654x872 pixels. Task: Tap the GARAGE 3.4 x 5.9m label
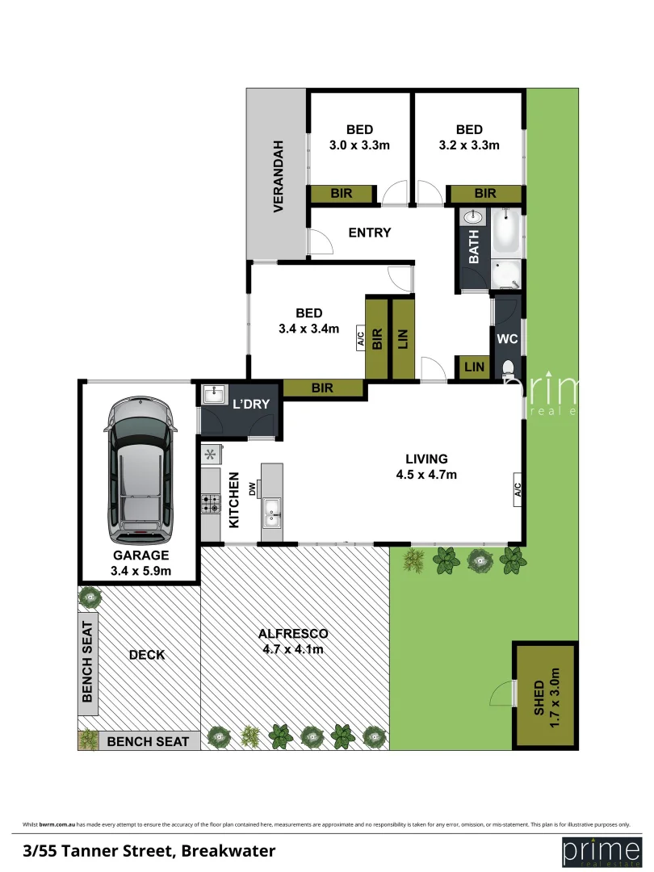[x=140, y=563]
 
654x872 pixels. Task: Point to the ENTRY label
[x=369, y=233]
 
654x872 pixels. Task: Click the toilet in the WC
[x=508, y=369]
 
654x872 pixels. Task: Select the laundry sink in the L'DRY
[x=214, y=395]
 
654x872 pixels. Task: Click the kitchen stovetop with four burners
[x=211, y=504]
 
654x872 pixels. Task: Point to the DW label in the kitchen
[x=253, y=488]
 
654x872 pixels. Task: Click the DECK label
[x=147, y=655]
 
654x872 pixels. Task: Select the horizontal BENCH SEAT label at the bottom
[x=148, y=741]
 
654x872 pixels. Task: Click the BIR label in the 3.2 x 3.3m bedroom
[x=485, y=194]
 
